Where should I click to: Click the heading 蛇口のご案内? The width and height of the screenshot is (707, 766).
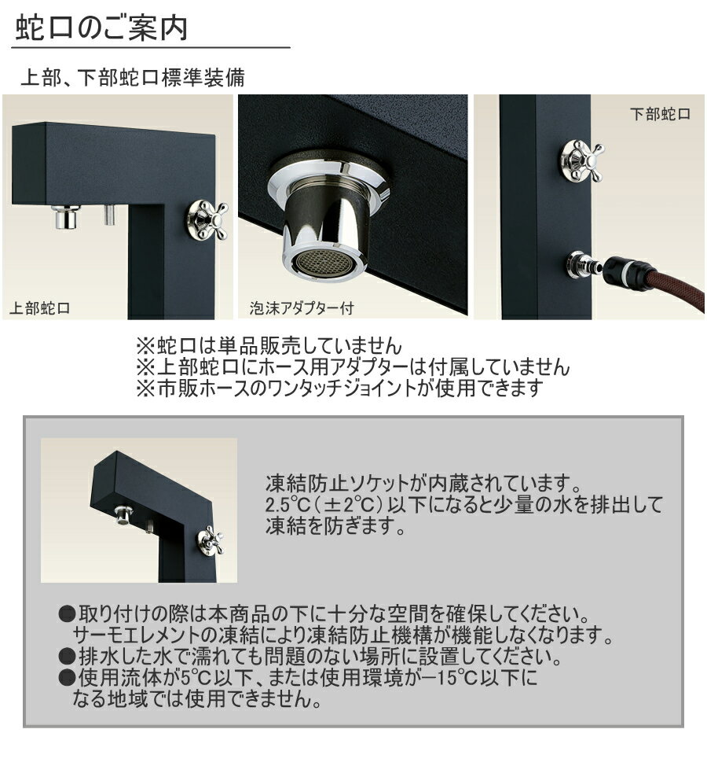(101, 28)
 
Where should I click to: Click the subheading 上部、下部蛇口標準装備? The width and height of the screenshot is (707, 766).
(132, 78)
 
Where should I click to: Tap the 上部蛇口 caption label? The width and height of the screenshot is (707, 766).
(39, 308)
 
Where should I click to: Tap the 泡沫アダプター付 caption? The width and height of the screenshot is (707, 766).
(302, 308)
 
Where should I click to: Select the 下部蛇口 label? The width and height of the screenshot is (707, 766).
(660, 114)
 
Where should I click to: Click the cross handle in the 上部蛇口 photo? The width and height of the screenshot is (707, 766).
(207, 220)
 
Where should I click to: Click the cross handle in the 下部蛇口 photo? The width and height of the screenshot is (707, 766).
(581, 160)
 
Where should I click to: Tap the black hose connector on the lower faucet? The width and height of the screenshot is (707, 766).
(628, 271)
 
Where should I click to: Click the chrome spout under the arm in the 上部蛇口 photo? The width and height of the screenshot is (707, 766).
(66, 217)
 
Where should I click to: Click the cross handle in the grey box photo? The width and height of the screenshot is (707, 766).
(211, 540)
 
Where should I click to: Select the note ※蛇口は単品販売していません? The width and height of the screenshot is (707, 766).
(269, 346)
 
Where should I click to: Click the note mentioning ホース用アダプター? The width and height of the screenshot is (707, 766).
(353, 367)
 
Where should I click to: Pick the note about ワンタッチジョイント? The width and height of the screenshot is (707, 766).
(339, 388)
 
